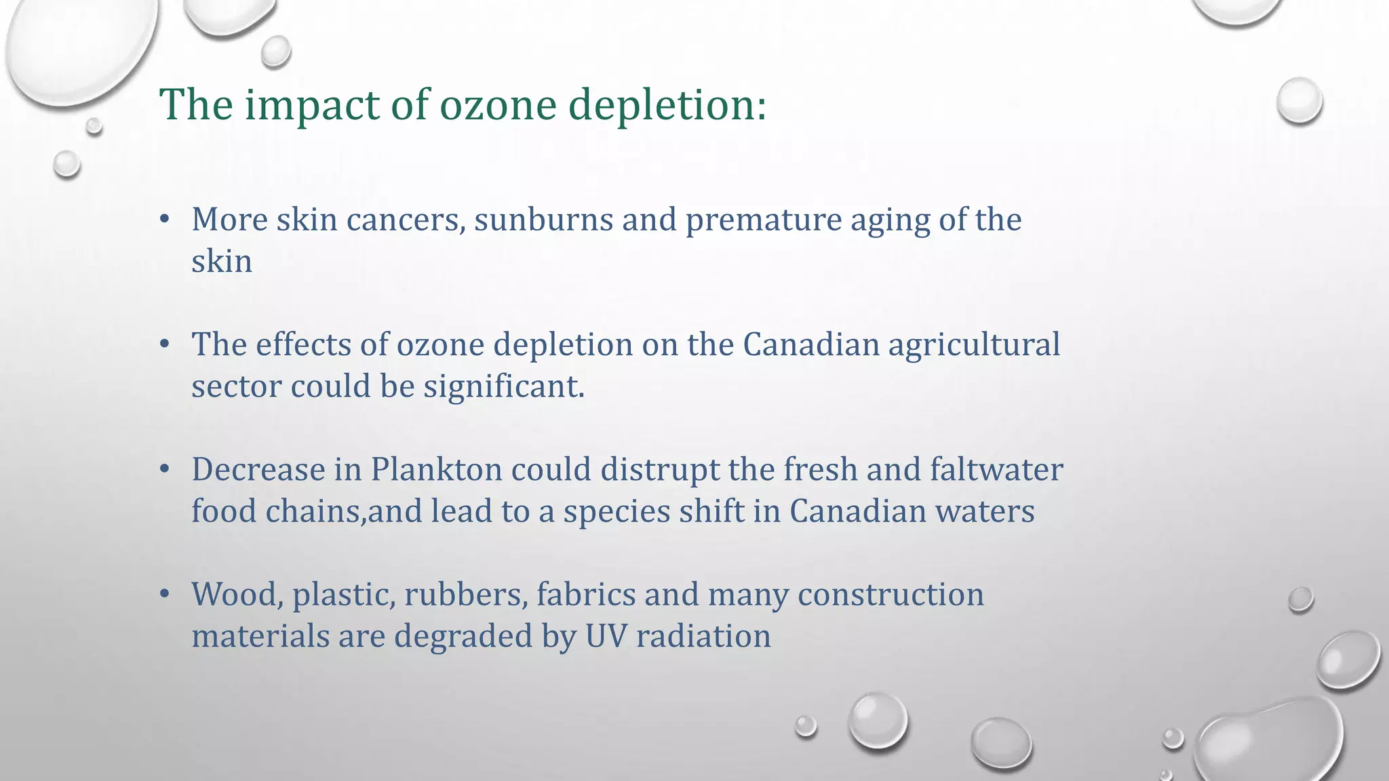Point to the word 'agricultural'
pos(974,345)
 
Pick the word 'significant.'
pos(504,387)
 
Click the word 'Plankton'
pos(436,470)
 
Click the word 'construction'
pos(891,595)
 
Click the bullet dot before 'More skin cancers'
pos(164,219)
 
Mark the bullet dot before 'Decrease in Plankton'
pos(164,469)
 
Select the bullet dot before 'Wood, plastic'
pos(164,594)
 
